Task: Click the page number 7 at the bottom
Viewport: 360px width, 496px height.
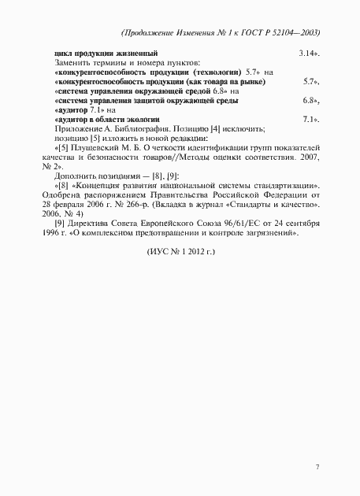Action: tap(317, 468)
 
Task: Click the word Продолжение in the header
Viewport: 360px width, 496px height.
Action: tap(151, 32)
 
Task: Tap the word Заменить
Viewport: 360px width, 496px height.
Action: tap(73, 61)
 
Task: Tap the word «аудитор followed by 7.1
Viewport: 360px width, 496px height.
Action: tap(72, 109)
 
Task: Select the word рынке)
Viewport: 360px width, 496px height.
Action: tap(251, 80)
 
